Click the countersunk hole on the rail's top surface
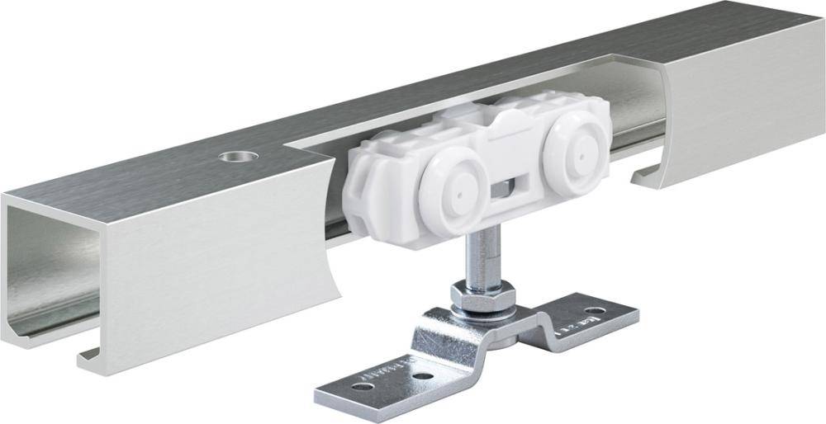click(x=230, y=156)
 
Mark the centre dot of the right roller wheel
click(x=577, y=153)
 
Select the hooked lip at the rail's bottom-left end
click(x=91, y=356)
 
